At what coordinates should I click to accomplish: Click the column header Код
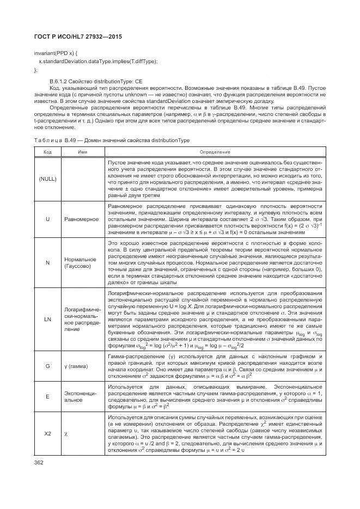tap(47, 152)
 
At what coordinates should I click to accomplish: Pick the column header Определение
tap(215, 152)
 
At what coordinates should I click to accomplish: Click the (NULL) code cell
tap(47, 179)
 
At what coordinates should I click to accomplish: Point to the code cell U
tap(47, 219)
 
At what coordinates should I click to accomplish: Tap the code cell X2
tap(47, 433)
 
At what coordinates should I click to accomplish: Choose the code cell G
tap(47, 367)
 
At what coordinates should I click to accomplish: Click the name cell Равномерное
tap(82, 219)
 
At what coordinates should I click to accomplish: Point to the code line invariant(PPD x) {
tap(56, 53)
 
